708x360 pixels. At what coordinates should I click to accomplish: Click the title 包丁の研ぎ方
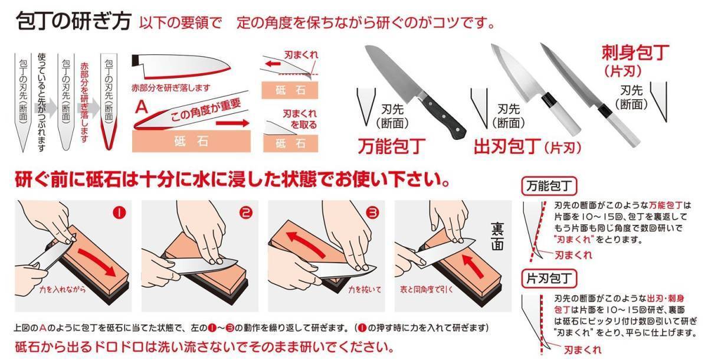click(73, 21)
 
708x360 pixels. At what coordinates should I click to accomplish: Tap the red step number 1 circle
click(119, 212)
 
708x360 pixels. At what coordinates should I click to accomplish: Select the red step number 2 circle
click(246, 212)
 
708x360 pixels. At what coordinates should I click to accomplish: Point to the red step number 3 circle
click(372, 212)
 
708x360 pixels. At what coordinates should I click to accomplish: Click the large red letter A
click(141, 107)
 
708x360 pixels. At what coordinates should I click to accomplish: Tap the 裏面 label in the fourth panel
click(497, 237)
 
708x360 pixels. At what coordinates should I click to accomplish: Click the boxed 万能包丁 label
click(549, 186)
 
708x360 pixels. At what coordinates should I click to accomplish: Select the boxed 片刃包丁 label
click(549, 279)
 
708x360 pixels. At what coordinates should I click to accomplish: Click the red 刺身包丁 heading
click(635, 53)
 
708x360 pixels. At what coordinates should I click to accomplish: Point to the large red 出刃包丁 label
click(507, 146)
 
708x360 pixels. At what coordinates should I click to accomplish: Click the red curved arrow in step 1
click(97, 261)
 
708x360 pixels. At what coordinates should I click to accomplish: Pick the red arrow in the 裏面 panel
click(473, 266)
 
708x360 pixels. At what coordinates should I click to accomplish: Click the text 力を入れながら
click(63, 289)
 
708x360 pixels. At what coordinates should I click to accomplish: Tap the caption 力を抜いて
click(365, 289)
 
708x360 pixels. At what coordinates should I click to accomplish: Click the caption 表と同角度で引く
click(427, 289)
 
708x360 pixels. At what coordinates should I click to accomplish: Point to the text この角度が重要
click(205, 110)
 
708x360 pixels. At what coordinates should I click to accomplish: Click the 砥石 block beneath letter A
click(191, 141)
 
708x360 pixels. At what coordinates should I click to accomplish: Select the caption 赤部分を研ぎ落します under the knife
click(171, 88)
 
